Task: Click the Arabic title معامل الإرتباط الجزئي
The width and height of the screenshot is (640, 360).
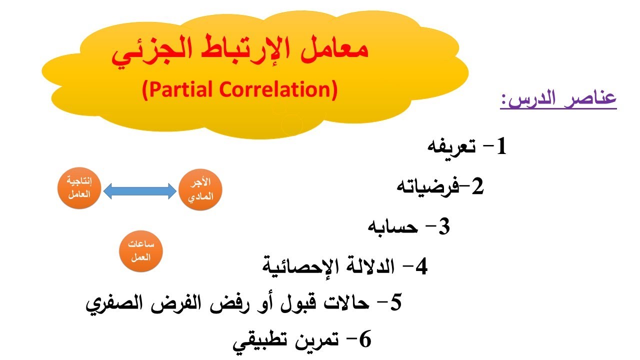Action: [239, 55]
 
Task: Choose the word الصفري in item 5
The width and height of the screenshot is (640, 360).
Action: [113, 303]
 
